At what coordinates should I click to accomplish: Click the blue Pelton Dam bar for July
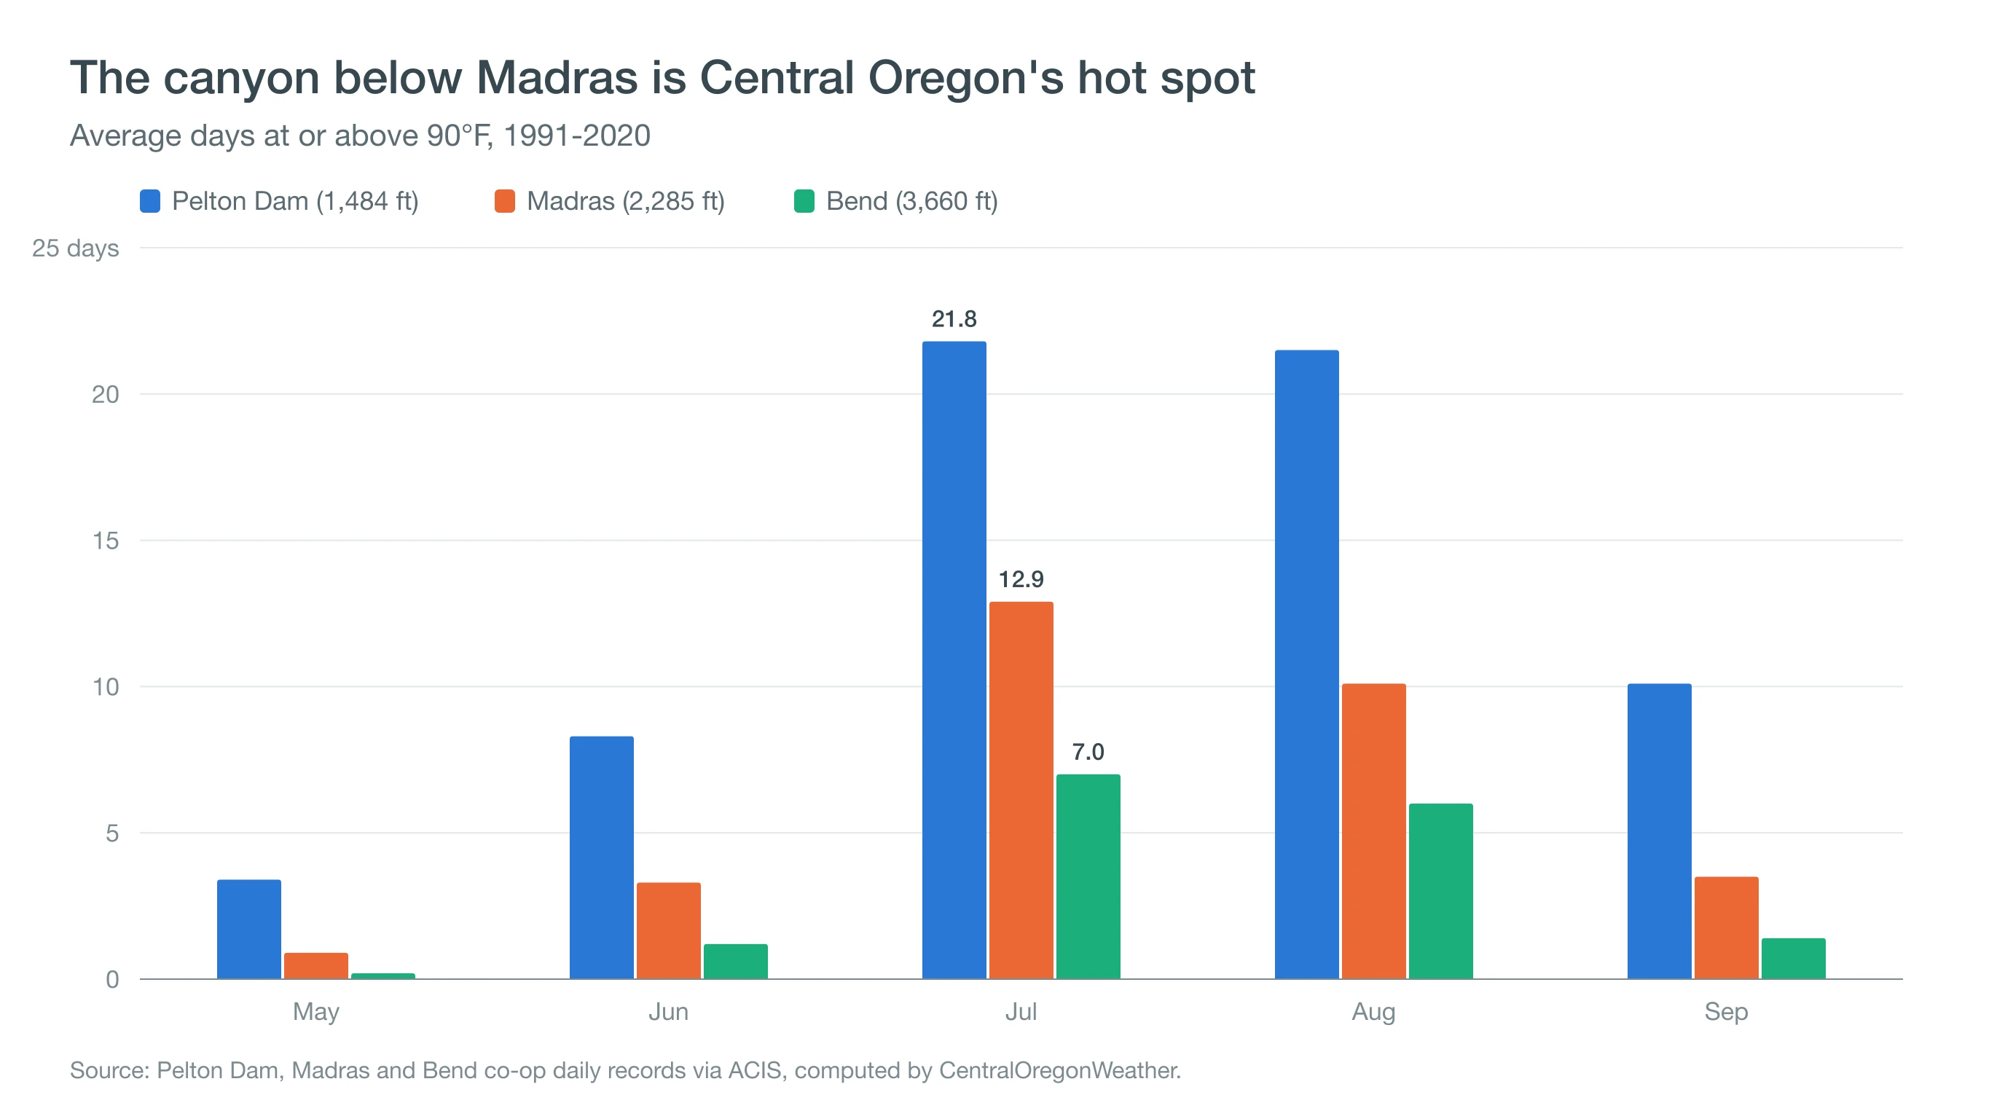click(x=954, y=660)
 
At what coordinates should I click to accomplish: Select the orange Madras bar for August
click(x=1374, y=831)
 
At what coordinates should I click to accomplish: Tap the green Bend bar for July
click(x=1088, y=876)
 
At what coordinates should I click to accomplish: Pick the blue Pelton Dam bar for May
click(x=249, y=929)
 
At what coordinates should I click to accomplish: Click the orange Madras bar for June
click(x=669, y=931)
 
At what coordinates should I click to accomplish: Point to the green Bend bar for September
click(x=1793, y=959)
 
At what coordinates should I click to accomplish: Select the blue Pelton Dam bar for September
click(x=1660, y=831)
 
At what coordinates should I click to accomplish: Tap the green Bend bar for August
click(x=1440, y=891)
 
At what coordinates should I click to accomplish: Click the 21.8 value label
click(x=954, y=319)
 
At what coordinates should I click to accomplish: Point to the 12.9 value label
click(x=1021, y=579)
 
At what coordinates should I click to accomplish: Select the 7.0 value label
click(x=1088, y=752)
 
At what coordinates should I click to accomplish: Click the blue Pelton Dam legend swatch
click(x=150, y=202)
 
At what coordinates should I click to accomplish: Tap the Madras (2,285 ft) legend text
click(x=626, y=202)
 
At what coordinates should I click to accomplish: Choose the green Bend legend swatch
click(x=804, y=202)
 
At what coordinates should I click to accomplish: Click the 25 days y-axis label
click(x=76, y=248)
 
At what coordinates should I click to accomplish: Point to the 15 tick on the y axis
click(x=106, y=541)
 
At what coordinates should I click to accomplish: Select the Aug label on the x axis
click(x=1374, y=1012)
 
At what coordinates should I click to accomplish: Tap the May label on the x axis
click(x=316, y=1012)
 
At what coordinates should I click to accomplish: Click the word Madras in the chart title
click(x=557, y=78)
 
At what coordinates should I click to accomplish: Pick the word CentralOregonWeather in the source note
click(x=1060, y=1071)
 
